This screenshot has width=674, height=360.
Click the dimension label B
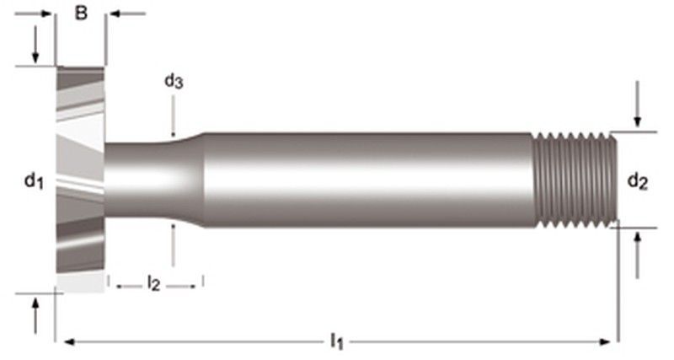tap(81, 14)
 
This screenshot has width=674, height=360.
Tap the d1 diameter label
tap(33, 180)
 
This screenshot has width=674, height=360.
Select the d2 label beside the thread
tap(638, 180)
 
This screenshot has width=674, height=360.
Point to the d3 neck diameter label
tap(174, 82)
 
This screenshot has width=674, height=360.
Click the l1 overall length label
tap(336, 341)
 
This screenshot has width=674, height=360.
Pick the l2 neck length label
tap(153, 283)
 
